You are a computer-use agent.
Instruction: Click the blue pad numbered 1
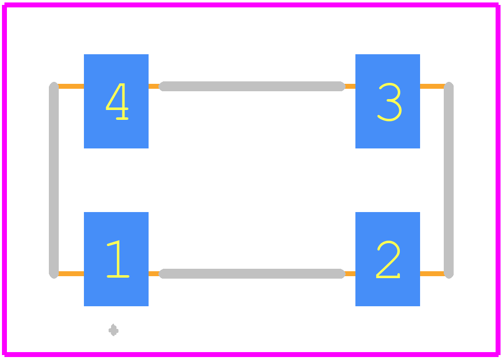pyautogui.click(x=116, y=259)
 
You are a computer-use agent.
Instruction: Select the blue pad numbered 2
pyautogui.click(x=387, y=259)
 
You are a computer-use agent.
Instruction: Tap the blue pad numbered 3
pyautogui.click(x=387, y=101)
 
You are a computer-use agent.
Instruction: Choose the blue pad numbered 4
pyautogui.click(x=116, y=101)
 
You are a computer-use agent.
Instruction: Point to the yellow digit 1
pyautogui.click(x=118, y=259)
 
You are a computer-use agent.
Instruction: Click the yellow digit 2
pyautogui.click(x=388, y=259)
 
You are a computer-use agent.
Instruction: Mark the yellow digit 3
pyautogui.click(x=389, y=102)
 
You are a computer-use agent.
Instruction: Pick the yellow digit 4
pyautogui.click(x=117, y=102)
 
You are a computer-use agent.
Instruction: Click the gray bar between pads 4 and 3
pyautogui.click(x=252, y=86)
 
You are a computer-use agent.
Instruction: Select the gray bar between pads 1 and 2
pyautogui.click(x=252, y=274)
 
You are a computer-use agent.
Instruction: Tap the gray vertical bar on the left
pyautogui.click(x=54, y=180)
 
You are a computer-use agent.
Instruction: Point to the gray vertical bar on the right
pyautogui.click(x=449, y=180)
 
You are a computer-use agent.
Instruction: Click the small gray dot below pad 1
pyautogui.click(x=114, y=330)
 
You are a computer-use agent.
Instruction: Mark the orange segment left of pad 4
pyautogui.click(x=71, y=86)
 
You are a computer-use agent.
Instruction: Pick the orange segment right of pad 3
pyautogui.click(x=432, y=86)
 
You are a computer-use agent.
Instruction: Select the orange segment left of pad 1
pyautogui.click(x=71, y=274)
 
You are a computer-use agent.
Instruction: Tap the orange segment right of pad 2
pyautogui.click(x=432, y=274)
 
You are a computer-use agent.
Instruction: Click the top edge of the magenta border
pyautogui.click(x=252, y=5)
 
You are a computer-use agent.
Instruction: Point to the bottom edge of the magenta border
pyautogui.click(x=252, y=354)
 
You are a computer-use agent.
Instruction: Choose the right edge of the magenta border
pyautogui.click(x=498, y=180)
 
